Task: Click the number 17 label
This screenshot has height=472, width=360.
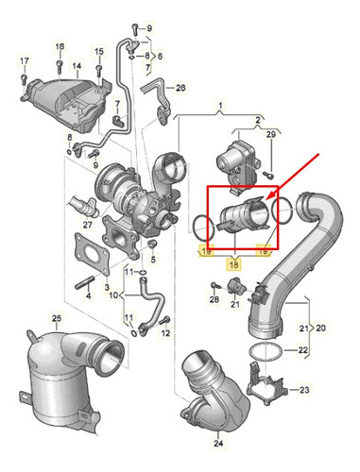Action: tap(25, 61)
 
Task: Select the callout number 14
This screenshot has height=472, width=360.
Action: tap(77, 66)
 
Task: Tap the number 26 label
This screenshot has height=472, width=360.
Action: tap(180, 88)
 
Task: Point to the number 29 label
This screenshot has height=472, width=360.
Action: tap(271, 134)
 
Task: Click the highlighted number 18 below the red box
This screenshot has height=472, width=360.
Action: tap(234, 265)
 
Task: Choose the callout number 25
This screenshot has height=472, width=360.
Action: tap(57, 318)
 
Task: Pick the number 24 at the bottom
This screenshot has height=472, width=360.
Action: tap(218, 444)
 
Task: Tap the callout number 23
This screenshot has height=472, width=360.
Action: tap(304, 390)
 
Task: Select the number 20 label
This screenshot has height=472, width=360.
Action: tap(320, 329)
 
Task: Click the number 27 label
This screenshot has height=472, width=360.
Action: tap(88, 225)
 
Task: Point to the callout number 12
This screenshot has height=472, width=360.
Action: tap(165, 333)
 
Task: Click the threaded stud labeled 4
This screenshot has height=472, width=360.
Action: tap(84, 282)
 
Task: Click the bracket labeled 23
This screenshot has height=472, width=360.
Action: tap(267, 382)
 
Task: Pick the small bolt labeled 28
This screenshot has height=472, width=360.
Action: tap(215, 285)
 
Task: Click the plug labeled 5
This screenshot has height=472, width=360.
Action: tap(152, 244)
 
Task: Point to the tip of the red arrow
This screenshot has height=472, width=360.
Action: tap(266, 200)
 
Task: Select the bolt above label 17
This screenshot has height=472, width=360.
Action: tap(24, 79)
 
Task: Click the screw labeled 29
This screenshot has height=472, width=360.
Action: tap(268, 174)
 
